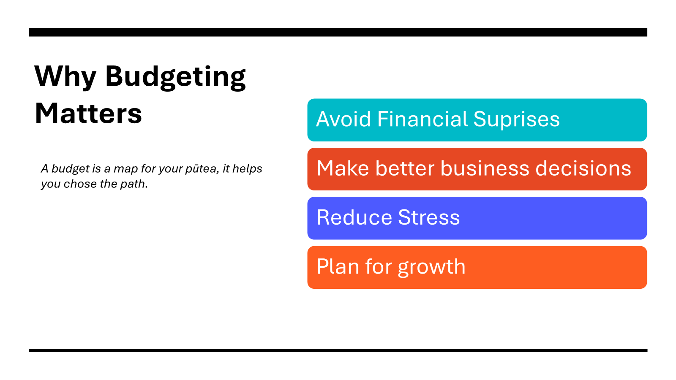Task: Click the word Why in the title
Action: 65,76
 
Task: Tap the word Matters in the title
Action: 88,114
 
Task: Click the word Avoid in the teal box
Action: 343,119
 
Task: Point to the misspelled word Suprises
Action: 516,120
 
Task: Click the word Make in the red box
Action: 343,168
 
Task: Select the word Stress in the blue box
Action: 429,218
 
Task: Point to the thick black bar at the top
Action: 338,32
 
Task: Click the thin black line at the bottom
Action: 338,350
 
